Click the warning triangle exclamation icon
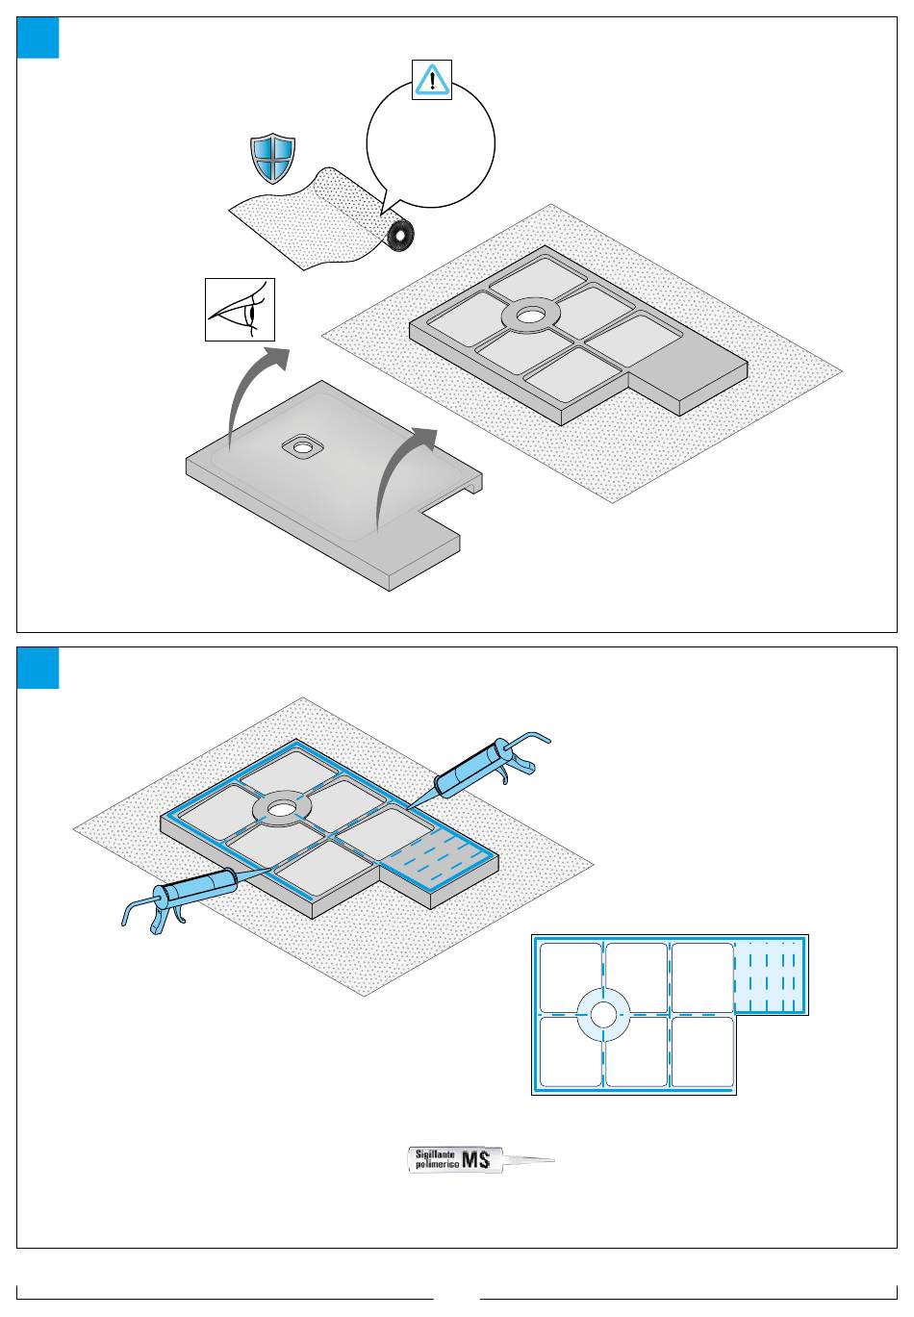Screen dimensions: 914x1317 [432, 80]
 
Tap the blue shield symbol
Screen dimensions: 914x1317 [272, 158]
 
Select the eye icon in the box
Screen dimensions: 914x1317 [240, 310]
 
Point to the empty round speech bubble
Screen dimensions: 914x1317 [430, 144]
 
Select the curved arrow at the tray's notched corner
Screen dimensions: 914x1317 [400, 476]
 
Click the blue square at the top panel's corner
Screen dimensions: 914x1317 [38, 38]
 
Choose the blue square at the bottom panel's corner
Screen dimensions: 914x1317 [38, 668]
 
